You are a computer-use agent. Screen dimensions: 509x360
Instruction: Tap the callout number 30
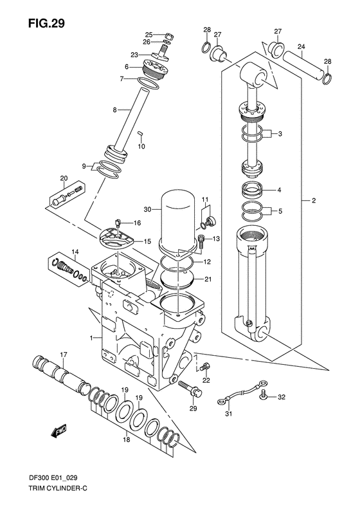(x=148, y=208)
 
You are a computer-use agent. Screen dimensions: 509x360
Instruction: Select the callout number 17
(x=64, y=355)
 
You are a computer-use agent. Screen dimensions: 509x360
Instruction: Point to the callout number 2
(x=313, y=201)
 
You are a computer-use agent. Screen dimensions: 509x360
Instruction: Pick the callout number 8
(x=114, y=110)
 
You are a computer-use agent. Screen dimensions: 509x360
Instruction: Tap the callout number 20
(x=64, y=178)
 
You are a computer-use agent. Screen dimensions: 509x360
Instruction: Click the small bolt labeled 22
(x=205, y=368)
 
